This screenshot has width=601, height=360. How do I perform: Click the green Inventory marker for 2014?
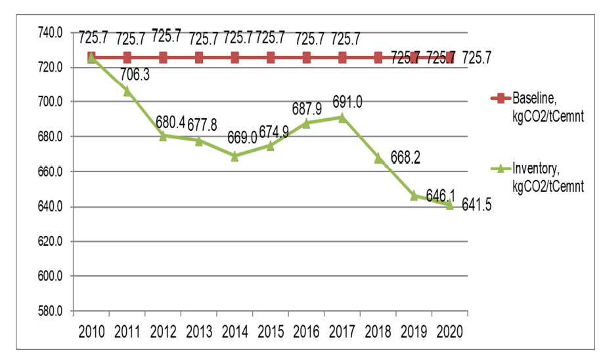point(235,156)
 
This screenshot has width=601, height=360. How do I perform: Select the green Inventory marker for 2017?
point(342,118)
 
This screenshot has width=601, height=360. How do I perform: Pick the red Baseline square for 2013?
point(199,58)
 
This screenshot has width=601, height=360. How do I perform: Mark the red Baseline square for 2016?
point(307,58)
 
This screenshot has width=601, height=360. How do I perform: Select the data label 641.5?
point(477,205)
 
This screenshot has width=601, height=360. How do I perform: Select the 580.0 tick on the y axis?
point(50,311)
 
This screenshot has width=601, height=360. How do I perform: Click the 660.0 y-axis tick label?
point(50,171)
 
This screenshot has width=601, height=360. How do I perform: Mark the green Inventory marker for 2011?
point(127,91)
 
